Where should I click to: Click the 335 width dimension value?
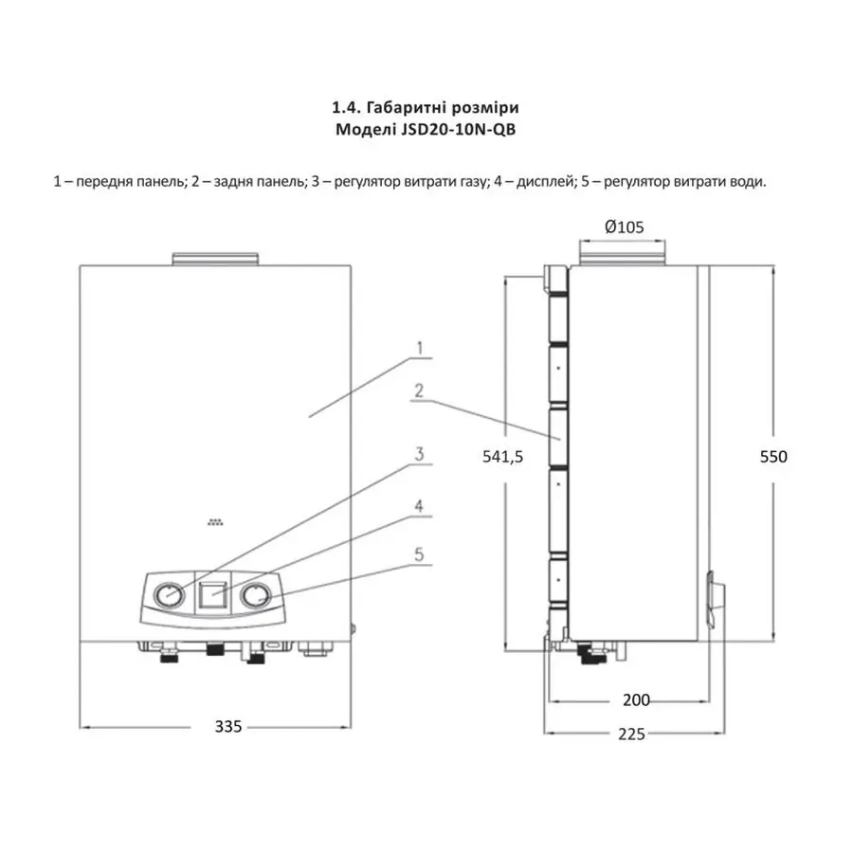(x=228, y=727)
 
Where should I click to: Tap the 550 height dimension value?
(x=773, y=456)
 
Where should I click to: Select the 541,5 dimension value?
(x=503, y=456)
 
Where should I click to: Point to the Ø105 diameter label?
(x=623, y=227)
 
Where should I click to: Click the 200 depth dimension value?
(x=636, y=699)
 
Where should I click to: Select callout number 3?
(x=418, y=455)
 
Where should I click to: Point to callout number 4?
(x=418, y=506)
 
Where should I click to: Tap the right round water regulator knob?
(x=254, y=596)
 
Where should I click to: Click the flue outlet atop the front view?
(x=213, y=258)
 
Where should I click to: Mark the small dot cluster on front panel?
(x=216, y=521)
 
